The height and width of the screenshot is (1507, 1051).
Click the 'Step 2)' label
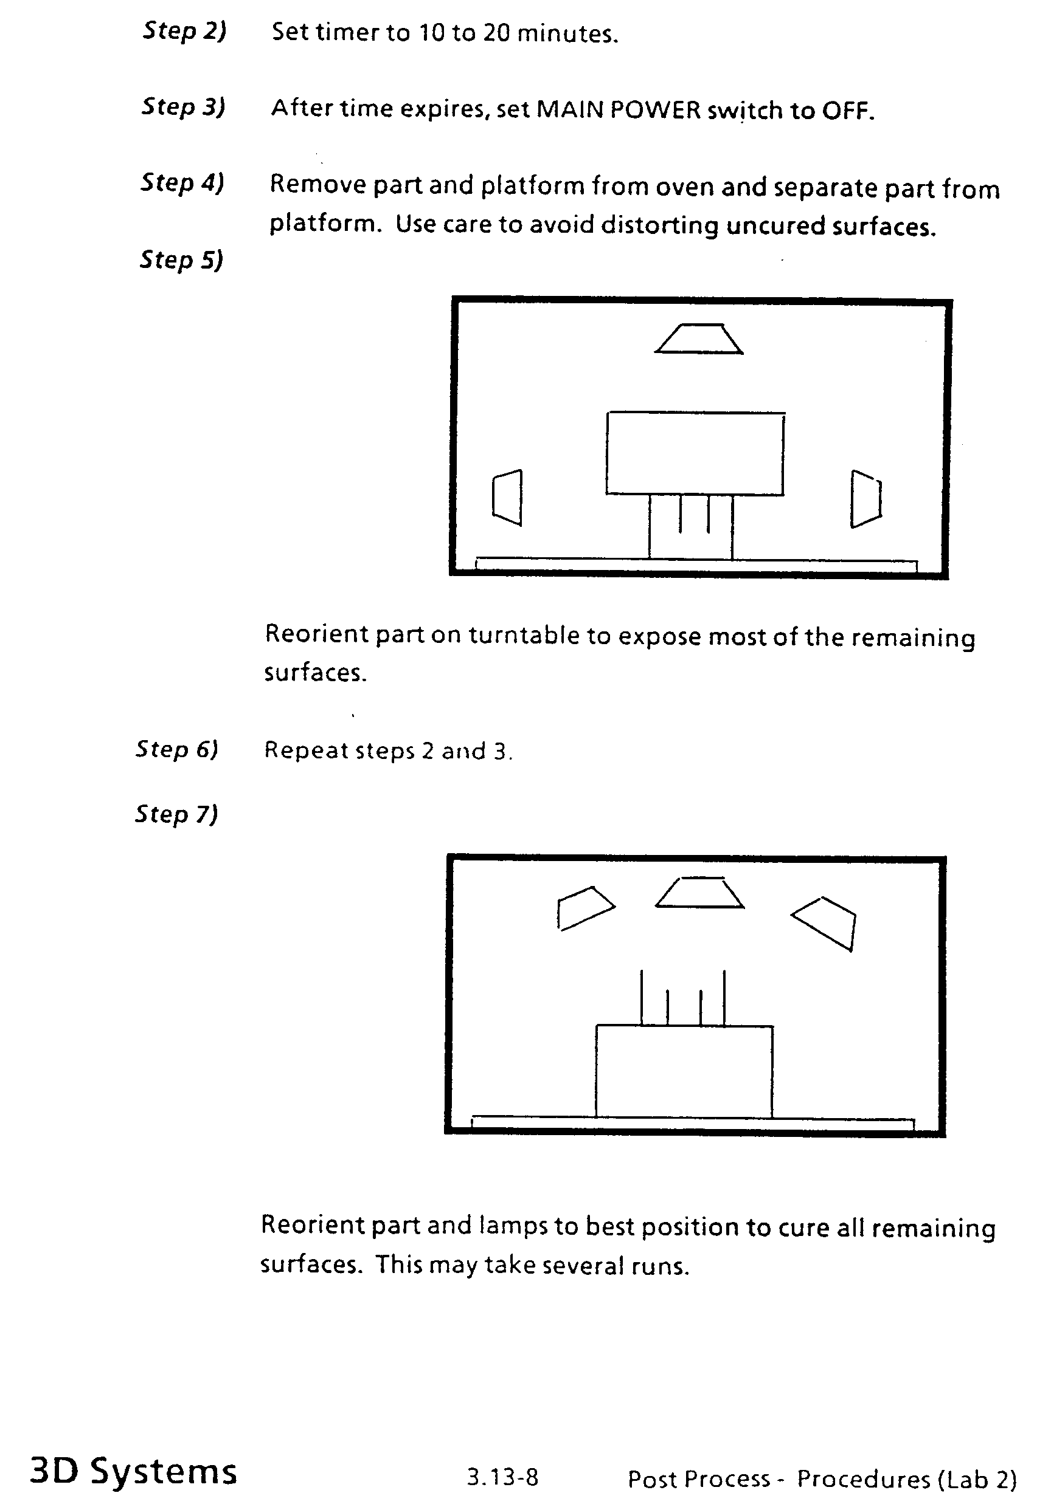coord(184,31)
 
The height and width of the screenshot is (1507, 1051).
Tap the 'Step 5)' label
coord(181,260)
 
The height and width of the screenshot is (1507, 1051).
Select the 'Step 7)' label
coord(176,814)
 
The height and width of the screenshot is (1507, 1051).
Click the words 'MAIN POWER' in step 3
coord(619,109)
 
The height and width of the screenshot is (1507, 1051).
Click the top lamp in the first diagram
coord(699,338)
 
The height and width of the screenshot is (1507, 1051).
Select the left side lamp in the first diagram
coord(508,497)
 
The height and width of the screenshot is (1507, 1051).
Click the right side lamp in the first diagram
coord(865,499)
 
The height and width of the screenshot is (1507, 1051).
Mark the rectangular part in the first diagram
coord(695,453)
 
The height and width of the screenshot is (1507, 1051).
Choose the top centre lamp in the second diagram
coord(699,893)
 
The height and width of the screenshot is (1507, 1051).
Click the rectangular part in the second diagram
coord(684,1071)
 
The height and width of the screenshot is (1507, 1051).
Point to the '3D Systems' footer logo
coord(133,1471)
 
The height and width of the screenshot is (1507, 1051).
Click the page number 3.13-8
coord(502,1477)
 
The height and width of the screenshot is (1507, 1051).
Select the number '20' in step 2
coord(496,33)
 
